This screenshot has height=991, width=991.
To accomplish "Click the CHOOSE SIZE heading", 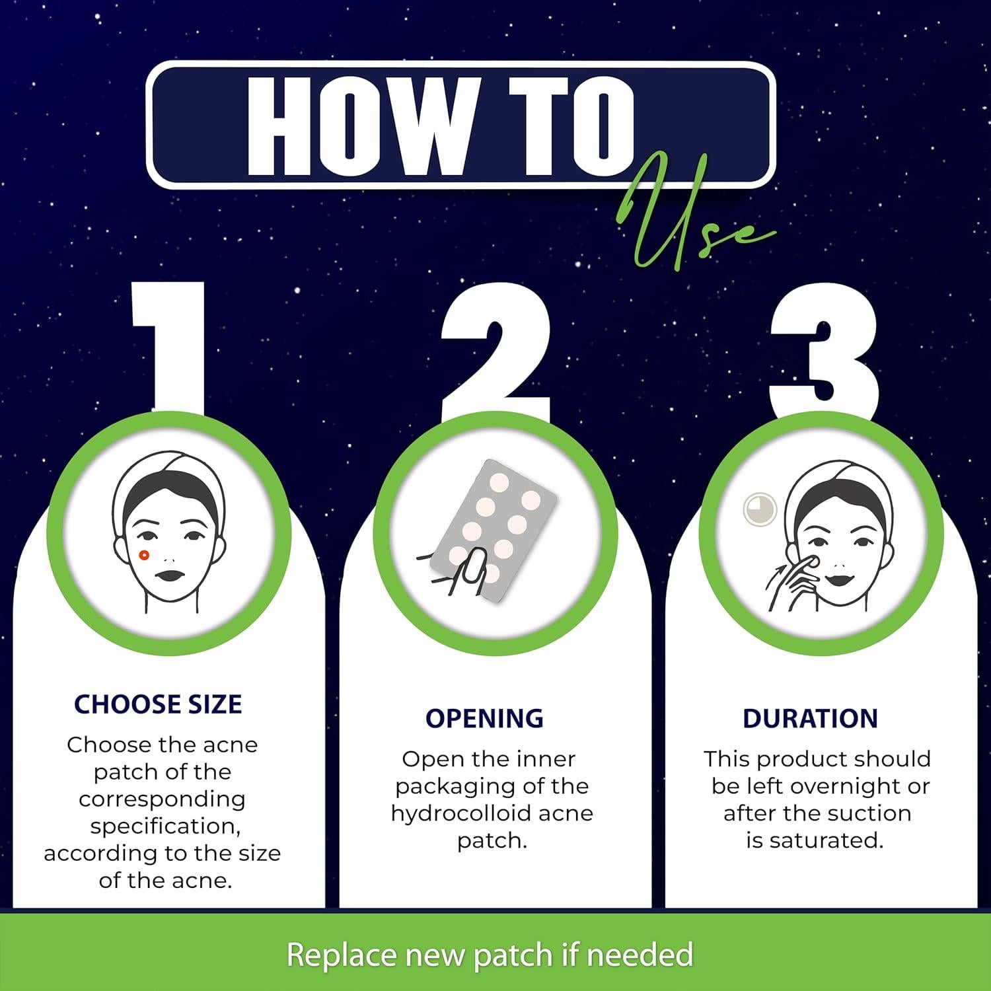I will coord(158,704).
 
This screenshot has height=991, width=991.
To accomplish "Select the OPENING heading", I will coord(484,718).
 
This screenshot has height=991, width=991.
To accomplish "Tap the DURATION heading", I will coord(810,718).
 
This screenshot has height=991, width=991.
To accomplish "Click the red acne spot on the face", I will coord(145,554).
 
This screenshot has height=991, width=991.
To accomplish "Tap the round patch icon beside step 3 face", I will coord(758,510).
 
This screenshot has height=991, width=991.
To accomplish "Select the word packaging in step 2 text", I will coord(457,786).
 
